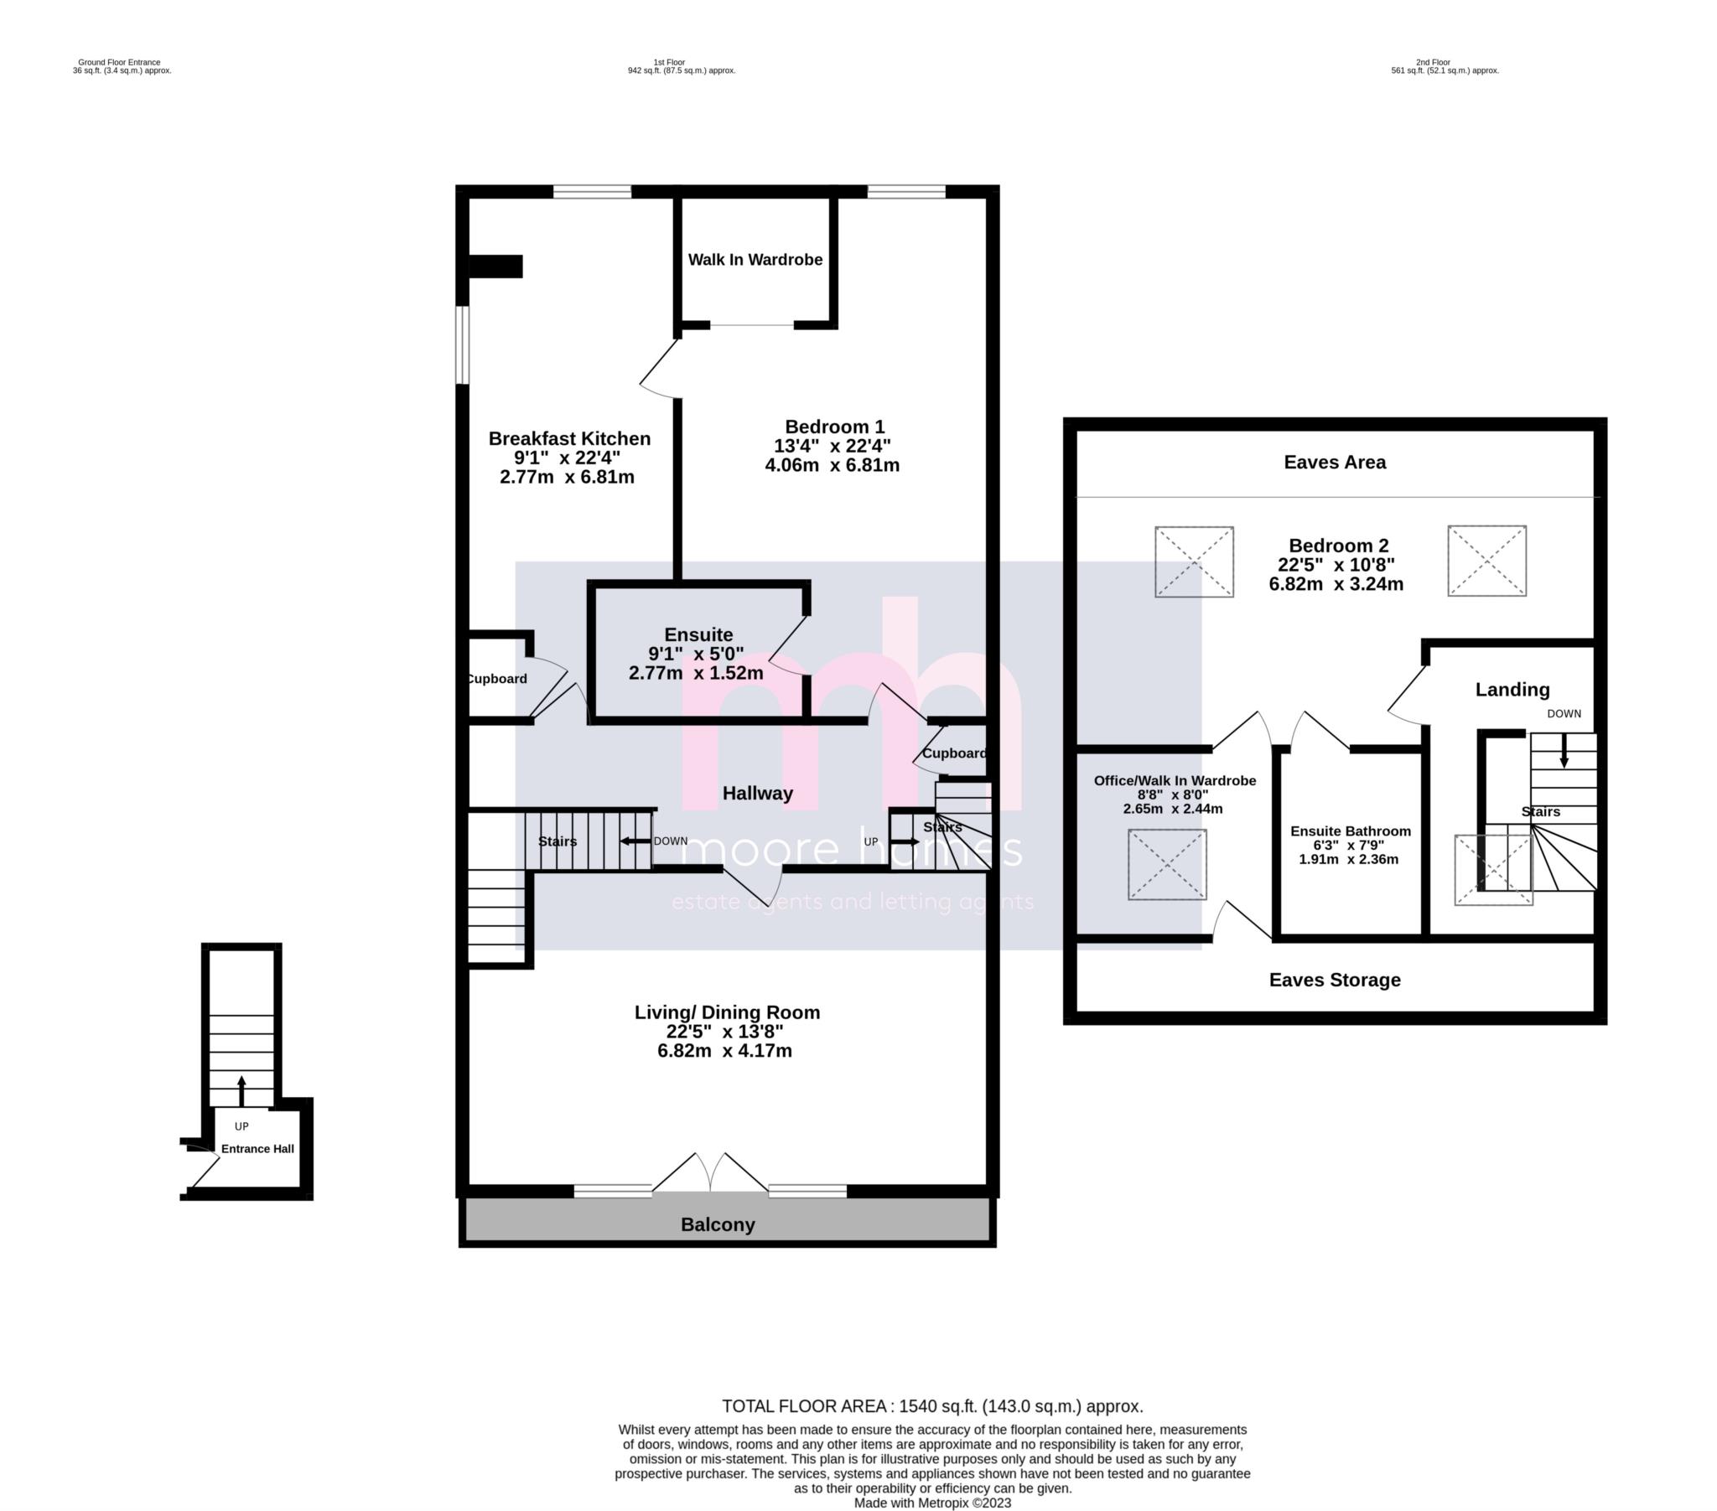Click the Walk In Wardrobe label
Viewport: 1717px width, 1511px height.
tap(755, 261)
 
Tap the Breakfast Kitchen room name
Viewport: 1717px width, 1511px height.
tap(568, 438)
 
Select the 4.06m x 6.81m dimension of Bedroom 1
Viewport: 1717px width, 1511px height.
tap(832, 465)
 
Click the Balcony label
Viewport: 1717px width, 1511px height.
tap(718, 1224)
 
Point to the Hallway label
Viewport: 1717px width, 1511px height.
tap(757, 793)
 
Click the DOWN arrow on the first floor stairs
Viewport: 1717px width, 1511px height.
tap(635, 841)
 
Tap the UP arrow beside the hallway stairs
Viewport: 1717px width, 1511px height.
tap(905, 841)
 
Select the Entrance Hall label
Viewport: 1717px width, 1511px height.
tap(257, 1149)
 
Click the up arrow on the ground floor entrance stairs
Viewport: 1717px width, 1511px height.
tap(242, 1091)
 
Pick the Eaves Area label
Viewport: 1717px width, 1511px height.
tap(1334, 462)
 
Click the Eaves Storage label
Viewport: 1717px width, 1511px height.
tap(1334, 980)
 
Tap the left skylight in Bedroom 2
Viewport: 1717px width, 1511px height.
tap(1194, 561)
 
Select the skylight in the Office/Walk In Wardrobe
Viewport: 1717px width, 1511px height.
tap(1167, 864)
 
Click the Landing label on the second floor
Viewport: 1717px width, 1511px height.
tap(1512, 690)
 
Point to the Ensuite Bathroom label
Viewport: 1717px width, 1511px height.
tap(1350, 831)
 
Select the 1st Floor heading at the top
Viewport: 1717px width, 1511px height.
tap(669, 62)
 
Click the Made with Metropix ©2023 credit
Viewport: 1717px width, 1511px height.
tap(931, 1503)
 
